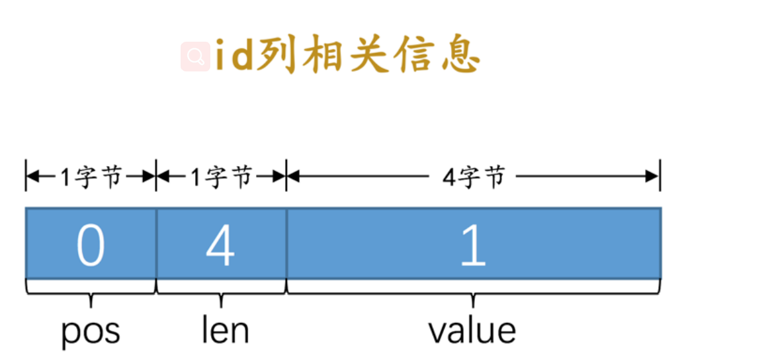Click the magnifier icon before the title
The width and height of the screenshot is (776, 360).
(195, 58)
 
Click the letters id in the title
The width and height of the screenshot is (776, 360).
(234, 57)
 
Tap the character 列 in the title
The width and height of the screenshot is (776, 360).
(277, 56)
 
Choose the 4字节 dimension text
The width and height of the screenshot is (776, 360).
(474, 177)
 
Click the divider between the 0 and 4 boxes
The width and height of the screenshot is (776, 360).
(156, 243)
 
